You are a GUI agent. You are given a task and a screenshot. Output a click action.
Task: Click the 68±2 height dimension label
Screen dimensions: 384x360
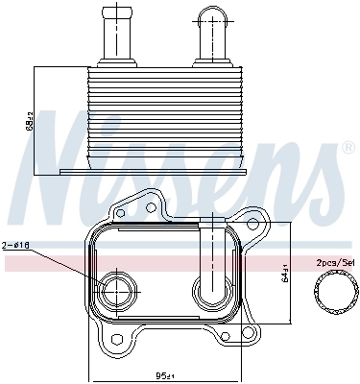[31, 122]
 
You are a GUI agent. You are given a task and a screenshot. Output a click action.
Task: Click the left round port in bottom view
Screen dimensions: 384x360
[118, 288]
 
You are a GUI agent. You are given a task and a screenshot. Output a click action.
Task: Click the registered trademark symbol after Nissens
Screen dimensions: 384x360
[346, 149]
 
